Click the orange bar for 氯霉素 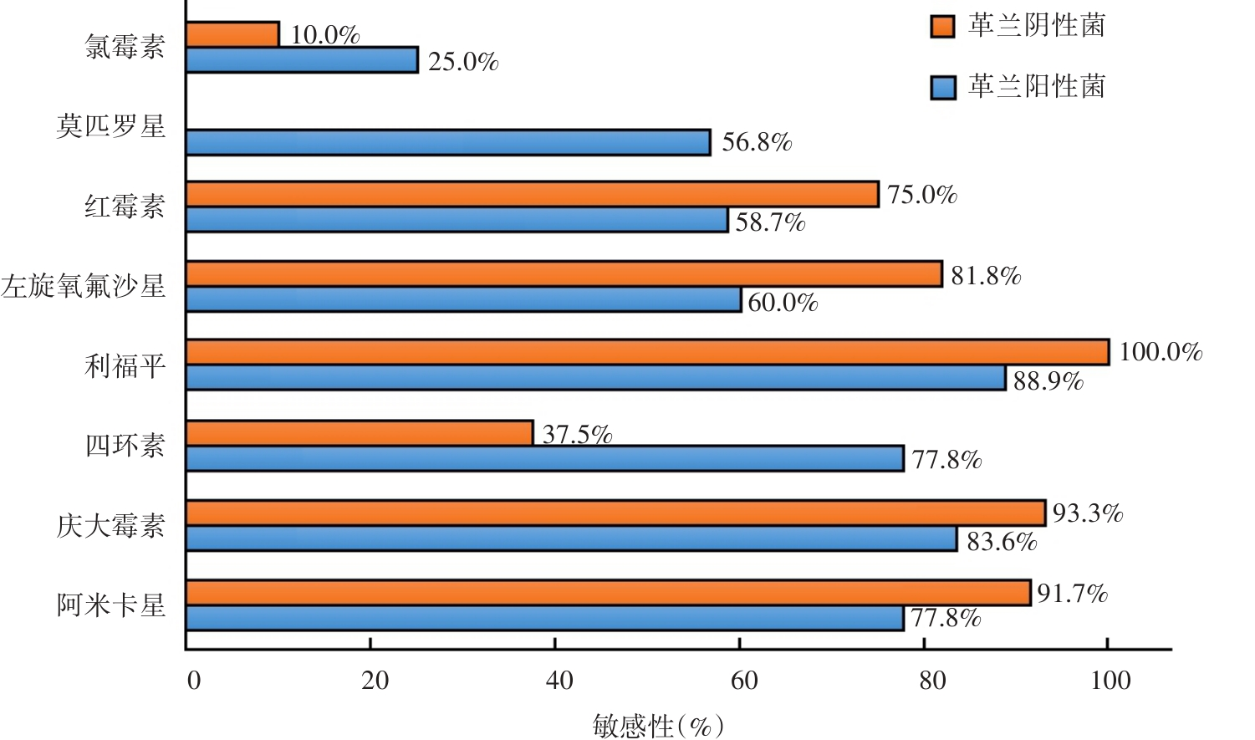pyautogui.click(x=232, y=34)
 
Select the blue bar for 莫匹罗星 pyautogui.click(x=448, y=142)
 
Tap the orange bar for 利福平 pyautogui.click(x=647, y=352)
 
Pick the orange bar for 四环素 pyautogui.click(x=360, y=432)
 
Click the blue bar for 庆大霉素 pyautogui.click(x=571, y=538)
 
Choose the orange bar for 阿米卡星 pyautogui.click(x=608, y=593)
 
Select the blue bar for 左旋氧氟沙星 pyautogui.click(x=463, y=299)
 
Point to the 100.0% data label pyautogui.click(x=1161, y=352)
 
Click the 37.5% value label pyautogui.click(x=577, y=434)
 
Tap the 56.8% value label pyautogui.click(x=757, y=142)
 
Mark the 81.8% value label pyautogui.click(x=986, y=276)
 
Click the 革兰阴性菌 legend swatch pyautogui.click(x=943, y=26)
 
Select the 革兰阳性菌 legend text pyautogui.click(x=1037, y=86)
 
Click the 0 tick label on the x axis pyautogui.click(x=194, y=681)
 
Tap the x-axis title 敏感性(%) pyautogui.click(x=658, y=725)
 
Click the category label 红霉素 pyautogui.click(x=125, y=206)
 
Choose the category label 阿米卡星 pyautogui.click(x=111, y=605)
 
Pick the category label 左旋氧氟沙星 pyautogui.click(x=84, y=286)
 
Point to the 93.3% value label pyautogui.click(x=1087, y=513)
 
